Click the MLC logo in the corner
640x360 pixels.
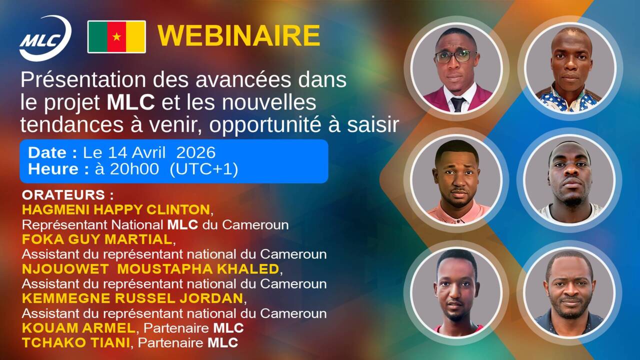click(45, 38)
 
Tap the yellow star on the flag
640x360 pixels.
click(116, 36)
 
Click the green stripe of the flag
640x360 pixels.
click(98, 37)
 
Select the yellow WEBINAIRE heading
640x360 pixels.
click(239, 35)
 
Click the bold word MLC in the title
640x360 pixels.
click(130, 102)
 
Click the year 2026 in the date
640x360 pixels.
click(195, 152)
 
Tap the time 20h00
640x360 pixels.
click(134, 168)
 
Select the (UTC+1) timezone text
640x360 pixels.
click(203, 169)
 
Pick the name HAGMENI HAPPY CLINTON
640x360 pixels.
click(116, 209)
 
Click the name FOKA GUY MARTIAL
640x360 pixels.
click(97, 239)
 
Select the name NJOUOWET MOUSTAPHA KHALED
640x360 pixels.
click(150, 269)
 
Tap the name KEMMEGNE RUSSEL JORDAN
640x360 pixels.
click(132, 298)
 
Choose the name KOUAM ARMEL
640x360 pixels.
click(78, 327)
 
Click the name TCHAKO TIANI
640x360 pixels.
click(76, 342)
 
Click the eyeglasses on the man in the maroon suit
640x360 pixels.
click(455, 56)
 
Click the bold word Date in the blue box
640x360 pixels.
click(47, 152)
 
